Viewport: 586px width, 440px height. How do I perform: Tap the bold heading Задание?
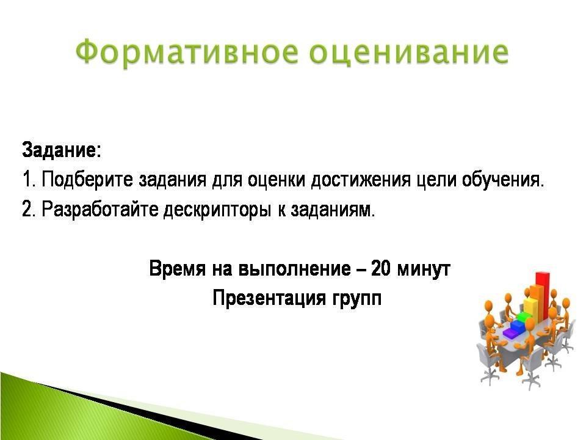tap(62, 150)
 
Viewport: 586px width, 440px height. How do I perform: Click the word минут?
tap(423, 269)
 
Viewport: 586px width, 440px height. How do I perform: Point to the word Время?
tap(177, 268)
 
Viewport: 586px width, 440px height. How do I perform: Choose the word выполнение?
tap(295, 269)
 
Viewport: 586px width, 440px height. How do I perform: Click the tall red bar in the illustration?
tap(543, 296)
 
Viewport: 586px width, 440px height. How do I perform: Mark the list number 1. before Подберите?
tap(29, 180)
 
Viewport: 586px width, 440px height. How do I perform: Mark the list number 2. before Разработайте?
tap(29, 210)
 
